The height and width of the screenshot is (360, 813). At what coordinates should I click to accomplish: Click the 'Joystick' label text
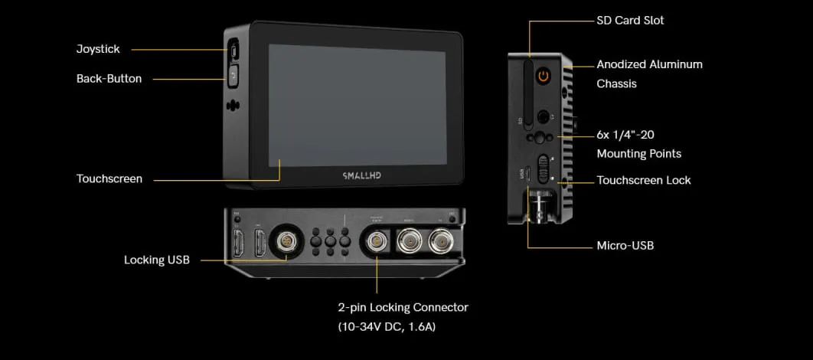[98, 49]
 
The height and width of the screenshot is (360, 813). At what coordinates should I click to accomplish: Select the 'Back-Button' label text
[109, 78]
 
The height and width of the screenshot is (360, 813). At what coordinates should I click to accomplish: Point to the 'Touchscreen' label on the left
[109, 178]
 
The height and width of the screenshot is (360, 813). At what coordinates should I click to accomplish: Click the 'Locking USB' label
[156, 260]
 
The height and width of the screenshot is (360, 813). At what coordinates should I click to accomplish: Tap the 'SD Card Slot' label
[630, 21]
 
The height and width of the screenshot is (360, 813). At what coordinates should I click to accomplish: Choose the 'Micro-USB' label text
[625, 246]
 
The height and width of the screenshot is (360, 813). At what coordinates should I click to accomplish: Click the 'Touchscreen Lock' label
[643, 180]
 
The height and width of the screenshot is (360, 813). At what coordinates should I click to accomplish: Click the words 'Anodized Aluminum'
[649, 64]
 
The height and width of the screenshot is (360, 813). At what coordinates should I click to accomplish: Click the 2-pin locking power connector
[377, 243]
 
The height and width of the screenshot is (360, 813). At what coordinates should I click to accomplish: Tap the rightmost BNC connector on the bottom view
[439, 243]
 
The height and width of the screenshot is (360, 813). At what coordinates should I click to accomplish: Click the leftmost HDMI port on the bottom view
[237, 244]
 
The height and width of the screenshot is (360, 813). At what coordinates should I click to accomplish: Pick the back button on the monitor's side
[233, 75]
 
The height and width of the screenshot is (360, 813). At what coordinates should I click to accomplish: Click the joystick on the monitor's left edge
[234, 51]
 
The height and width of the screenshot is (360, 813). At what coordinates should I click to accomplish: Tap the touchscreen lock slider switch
[544, 168]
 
